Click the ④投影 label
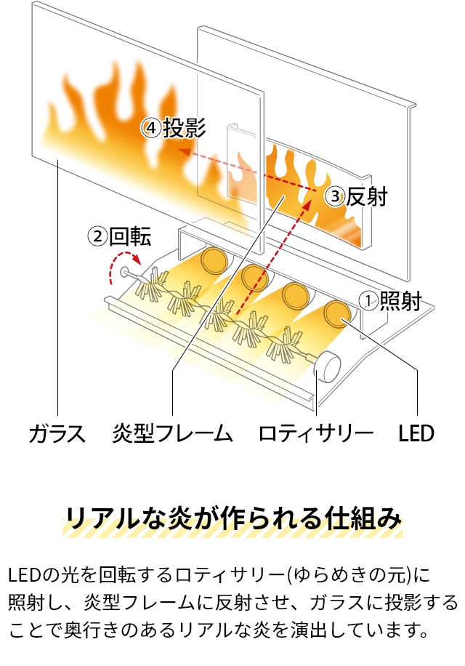tap(174, 128)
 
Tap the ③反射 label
tap(356, 196)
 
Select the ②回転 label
tap(120, 236)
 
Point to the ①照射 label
tap(391, 300)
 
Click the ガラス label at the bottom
tap(57, 434)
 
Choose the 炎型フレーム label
tap(173, 434)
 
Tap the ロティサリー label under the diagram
tap(316, 434)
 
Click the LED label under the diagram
tap(416, 434)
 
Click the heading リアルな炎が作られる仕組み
tap(232, 519)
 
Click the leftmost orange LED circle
tap(214, 259)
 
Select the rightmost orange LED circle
tap(337, 313)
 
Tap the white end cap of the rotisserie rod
tap(328, 365)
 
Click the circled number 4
tap(151, 129)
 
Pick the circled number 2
tap(97, 236)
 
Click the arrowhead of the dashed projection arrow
tap(183, 152)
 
